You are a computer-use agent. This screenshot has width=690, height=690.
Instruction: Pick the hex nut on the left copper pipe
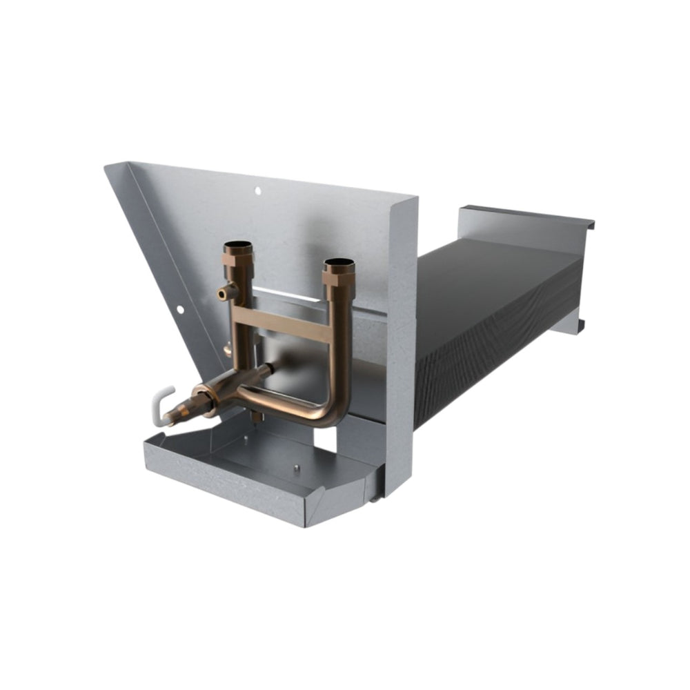(x=239, y=262)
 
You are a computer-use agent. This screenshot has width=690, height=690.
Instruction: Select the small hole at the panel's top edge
(x=257, y=190)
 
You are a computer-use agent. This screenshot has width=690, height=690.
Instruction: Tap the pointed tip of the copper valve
(x=168, y=421)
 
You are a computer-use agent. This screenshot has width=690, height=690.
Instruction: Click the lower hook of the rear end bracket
(x=581, y=324)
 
